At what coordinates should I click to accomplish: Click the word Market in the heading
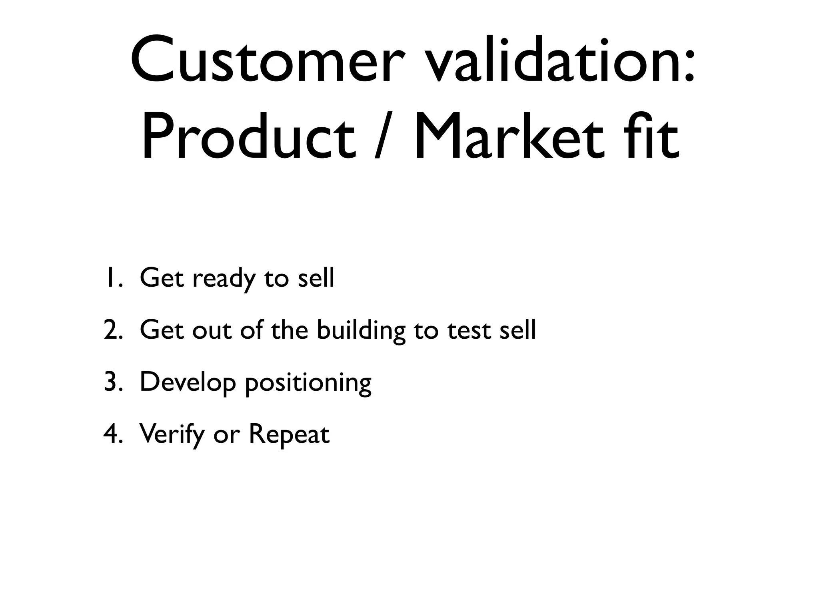pos(508,136)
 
